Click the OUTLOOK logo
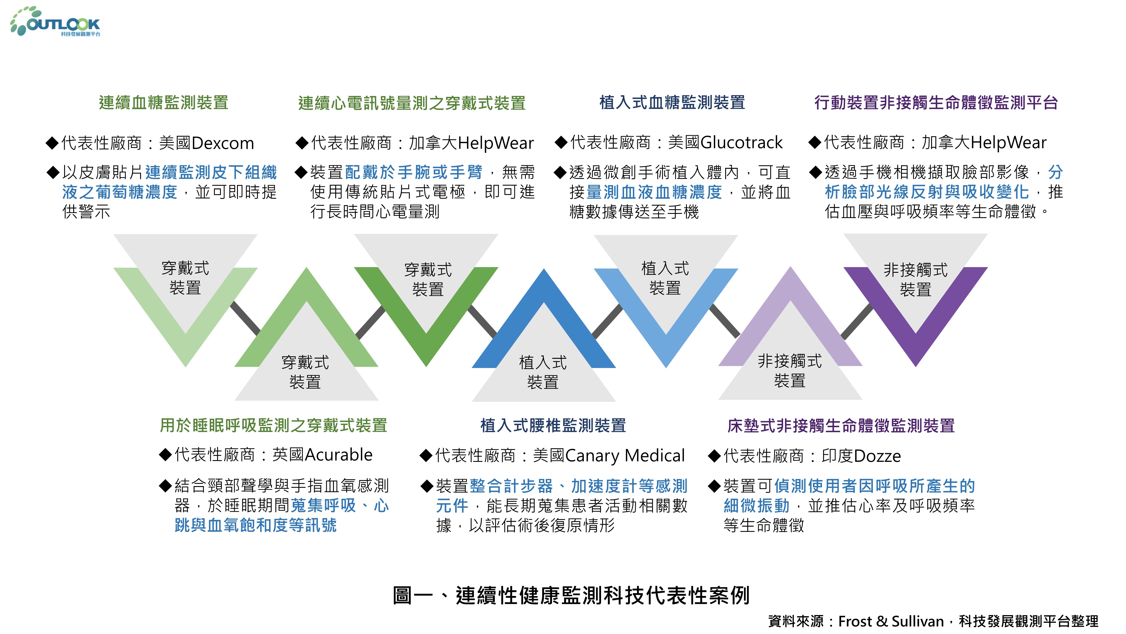pos(56,22)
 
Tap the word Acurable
pos(339,455)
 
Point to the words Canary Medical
pos(625,456)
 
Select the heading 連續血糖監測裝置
pos(164,103)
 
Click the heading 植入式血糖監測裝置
pos(672,103)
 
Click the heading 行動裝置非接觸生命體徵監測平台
pos(936,103)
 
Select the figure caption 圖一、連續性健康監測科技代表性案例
pos(571,595)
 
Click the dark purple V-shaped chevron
pos(915,346)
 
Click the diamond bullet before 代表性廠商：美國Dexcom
pos(52,143)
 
